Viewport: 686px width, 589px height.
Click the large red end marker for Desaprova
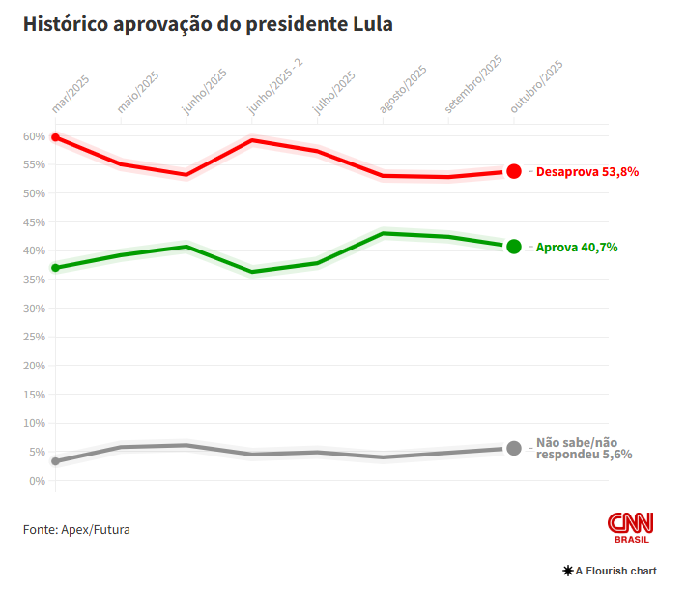[514, 171]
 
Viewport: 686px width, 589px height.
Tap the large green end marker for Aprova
[514, 247]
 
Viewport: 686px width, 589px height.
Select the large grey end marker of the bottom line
[514, 448]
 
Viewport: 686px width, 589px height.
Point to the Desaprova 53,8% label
[587, 172]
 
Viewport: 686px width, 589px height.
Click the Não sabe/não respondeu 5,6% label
[584, 447]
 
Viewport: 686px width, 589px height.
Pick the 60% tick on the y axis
[35, 136]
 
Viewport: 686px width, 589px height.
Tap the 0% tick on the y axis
[38, 481]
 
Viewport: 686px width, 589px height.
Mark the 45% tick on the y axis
[35, 222]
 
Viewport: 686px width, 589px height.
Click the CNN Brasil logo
[631, 527]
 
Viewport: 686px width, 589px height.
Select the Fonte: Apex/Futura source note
[76, 530]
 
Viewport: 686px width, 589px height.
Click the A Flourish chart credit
[610, 571]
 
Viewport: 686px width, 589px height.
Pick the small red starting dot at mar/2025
[55, 137]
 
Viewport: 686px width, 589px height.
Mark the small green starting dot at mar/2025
[55, 268]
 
